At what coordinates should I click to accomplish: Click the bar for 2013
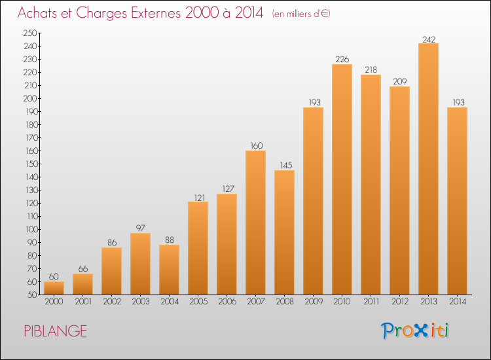pyautogui.click(x=428, y=169)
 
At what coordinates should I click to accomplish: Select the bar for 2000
pyautogui.click(x=54, y=288)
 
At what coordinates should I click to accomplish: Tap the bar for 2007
pyautogui.click(x=255, y=223)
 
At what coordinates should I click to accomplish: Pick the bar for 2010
pyautogui.click(x=342, y=179)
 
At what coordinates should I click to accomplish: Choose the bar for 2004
pyautogui.click(x=169, y=270)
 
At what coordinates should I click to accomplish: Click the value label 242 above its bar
pyautogui.click(x=429, y=39)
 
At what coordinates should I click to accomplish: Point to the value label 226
pyautogui.click(x=342, y=59)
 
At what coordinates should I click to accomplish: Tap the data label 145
pyautogui.click(x=286, y=166)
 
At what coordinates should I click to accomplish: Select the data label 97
pyautogui.click(x=141, y=228)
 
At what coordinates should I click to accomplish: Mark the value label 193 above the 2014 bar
pyautogui.click(x=459, y=102)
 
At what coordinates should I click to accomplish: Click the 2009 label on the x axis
pyautogui.click(x=314, y=302)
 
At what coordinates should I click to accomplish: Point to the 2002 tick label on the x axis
pyautogui.click(x=112, y=302)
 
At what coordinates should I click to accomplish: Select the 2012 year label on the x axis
pyautogui.click(x=400, y=302)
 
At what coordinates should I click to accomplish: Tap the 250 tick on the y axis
pyautogui.click(x=30, y=33)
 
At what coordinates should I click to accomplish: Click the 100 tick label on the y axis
pyautogui.click(x=31, y=230)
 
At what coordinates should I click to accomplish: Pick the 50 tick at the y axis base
pyautogui.click(x=32, y=295)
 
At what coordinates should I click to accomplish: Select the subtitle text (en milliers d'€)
pyautogui.click(x=301, y=14)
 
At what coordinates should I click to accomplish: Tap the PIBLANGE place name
pyautogui.click(x=56, y=331)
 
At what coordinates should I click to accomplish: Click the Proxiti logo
pyautogui.click(x=415, y=331)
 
